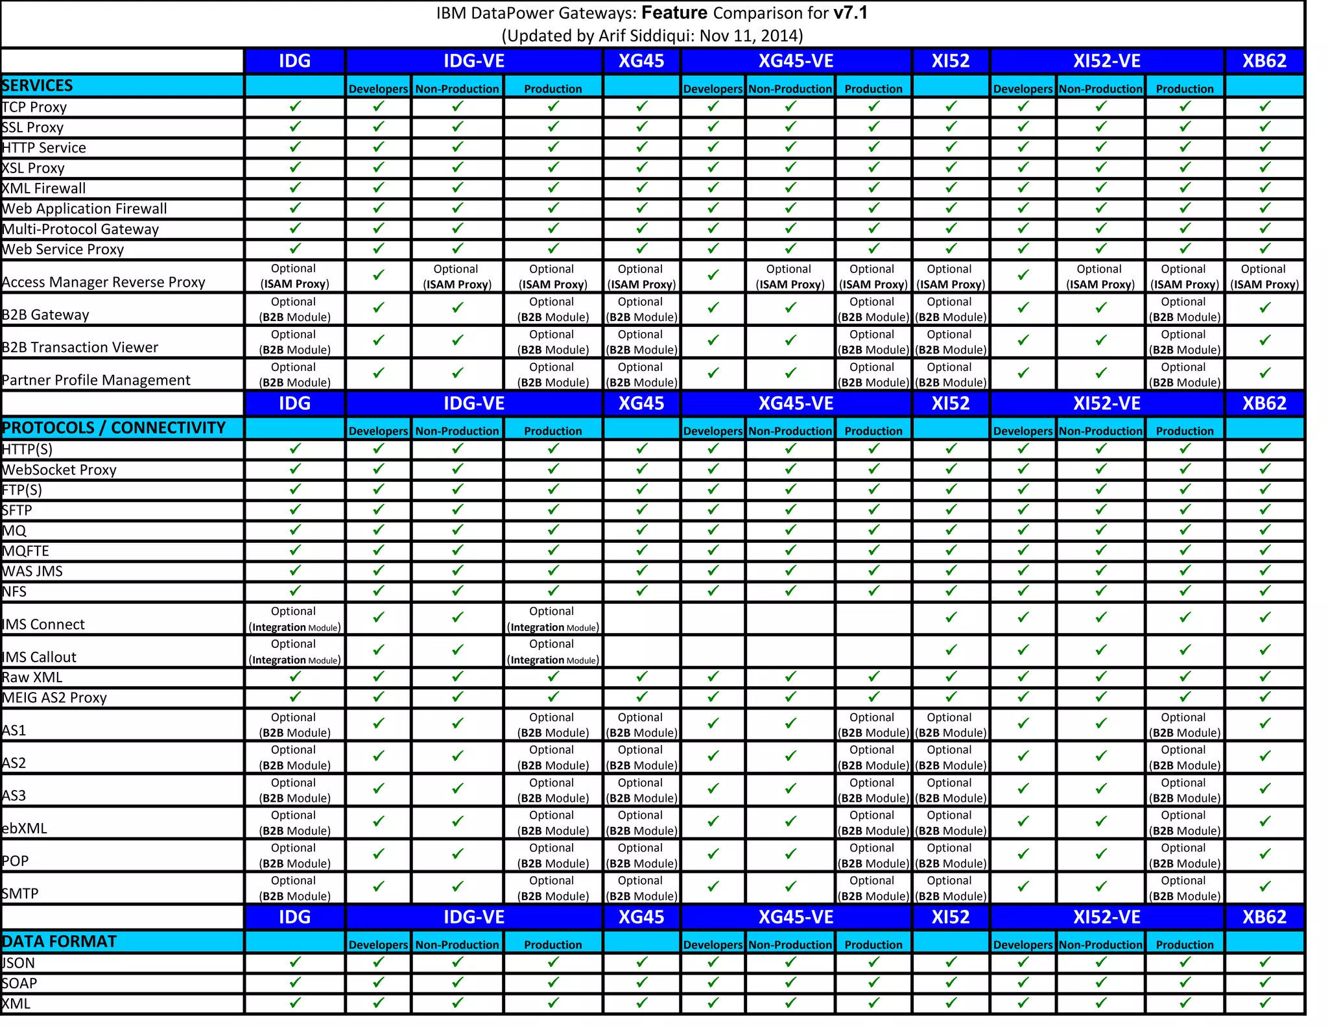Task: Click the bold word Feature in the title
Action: tap(674, 13)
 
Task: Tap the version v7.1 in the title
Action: tap(850, 13)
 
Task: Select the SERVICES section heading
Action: tap(38, 86)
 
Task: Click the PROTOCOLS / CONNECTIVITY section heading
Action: tap(114, 428)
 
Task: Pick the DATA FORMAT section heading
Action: tap(60, 942)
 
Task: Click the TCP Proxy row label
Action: tap(35, 107)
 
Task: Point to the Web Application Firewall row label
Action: tap(85, 209)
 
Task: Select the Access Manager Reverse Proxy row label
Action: tap(104, 282)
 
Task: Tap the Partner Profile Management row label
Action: tap(97, 380)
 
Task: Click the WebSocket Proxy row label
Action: tap(60, 470)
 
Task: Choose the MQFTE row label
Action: tap(26, 551)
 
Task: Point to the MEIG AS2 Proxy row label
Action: tap(54, 698)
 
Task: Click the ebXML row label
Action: tap(25, 828)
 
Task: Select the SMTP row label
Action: tap(21, 894)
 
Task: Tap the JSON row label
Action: tap(19, 963)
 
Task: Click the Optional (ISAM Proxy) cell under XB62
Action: tap(1264, 277)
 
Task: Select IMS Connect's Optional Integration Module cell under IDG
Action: tap(294, 619)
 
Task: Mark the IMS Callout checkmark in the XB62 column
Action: tap(1264, 650)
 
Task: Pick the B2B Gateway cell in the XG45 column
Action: tap(641, 309)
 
